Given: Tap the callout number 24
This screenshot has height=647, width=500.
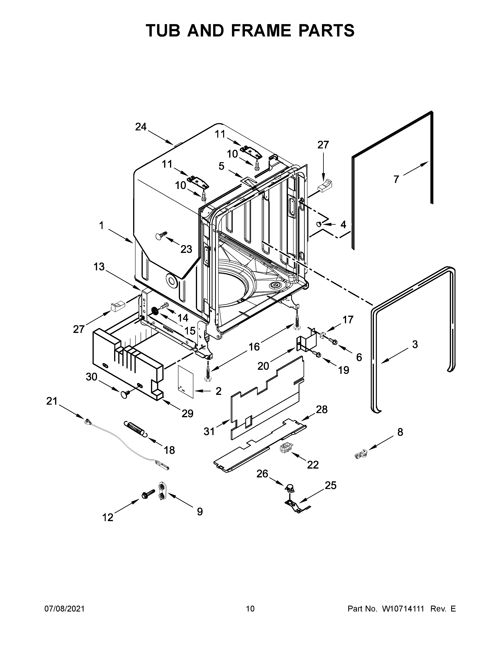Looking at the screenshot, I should pos(141,127).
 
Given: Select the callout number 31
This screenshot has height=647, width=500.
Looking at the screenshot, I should pos(209,432).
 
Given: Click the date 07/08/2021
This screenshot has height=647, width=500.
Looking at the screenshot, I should pos(65,609).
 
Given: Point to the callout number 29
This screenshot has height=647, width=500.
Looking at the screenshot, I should pos(187,413).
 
